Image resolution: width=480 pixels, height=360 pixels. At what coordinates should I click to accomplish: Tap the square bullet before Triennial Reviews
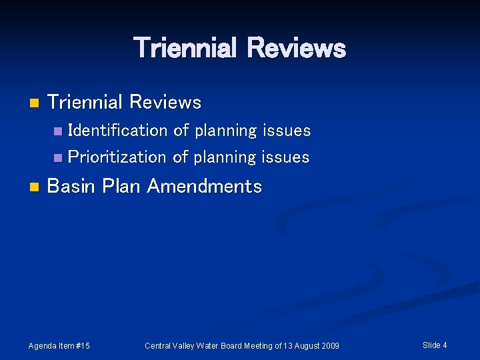35,103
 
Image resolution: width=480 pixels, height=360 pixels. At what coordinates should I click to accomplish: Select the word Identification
118,131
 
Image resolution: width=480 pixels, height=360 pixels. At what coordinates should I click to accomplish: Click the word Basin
72,186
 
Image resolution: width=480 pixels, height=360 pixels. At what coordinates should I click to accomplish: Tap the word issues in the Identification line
287,131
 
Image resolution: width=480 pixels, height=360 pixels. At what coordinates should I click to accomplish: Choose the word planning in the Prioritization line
225,158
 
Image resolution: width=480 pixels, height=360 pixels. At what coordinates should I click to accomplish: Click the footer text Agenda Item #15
59,345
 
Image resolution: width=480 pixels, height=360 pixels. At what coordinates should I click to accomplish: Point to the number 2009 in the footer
329,345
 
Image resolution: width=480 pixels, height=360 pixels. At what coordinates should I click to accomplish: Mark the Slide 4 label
435,345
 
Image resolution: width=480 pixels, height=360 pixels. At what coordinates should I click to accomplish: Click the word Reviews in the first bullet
165,103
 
